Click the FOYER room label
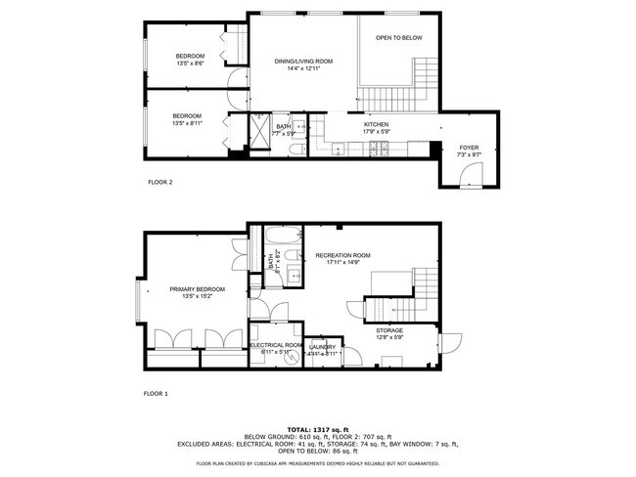click(x=469, y=147)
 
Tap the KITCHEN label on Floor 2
click(x=377, y=125)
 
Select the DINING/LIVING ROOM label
click(x=303, y=61)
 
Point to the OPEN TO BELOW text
click(x=399, y=37)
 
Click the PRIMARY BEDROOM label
click(x=197, y=289)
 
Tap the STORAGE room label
click(x=389, y=330)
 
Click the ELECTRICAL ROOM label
click(x=275, y=345)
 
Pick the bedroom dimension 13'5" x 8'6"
click(x=190, y=64)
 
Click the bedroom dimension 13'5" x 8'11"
click(x=190, y=123)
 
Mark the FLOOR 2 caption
click(x=159, y=182)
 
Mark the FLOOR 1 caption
click(x=158, y=393)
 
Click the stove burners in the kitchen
click(x=376, y=149)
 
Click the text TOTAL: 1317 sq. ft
click(x=317, y=429)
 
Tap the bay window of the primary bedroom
click(x=138, y=303)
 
